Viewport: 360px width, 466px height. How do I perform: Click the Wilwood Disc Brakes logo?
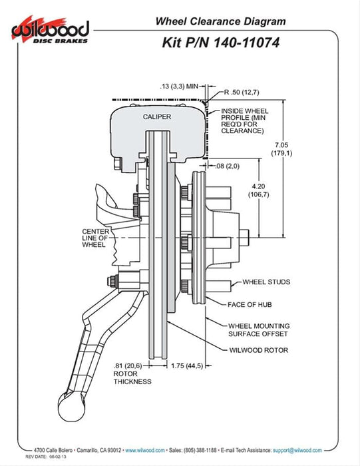50,31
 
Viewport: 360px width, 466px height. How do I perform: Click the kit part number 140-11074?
246,43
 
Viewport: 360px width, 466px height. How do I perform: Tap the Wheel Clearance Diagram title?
221,21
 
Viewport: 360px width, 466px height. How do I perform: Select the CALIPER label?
157,116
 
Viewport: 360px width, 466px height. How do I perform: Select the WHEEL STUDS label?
266,282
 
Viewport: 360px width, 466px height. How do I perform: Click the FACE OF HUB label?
250,305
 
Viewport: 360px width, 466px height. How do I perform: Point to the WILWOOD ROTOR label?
258,350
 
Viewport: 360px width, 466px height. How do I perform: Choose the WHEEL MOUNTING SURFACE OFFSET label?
259,330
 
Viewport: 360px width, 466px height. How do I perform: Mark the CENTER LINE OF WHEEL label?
95,238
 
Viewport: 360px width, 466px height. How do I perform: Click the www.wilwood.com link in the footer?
145,450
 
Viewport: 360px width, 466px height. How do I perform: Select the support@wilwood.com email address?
297,450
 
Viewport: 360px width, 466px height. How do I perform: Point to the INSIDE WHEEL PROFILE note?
244,121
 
